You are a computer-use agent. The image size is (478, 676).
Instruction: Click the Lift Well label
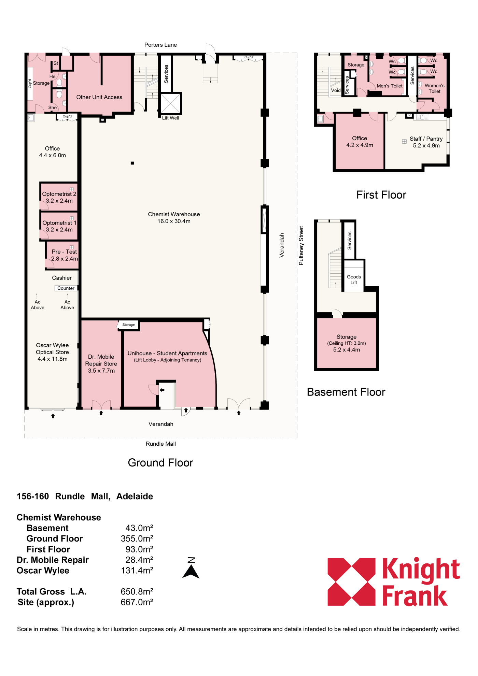click(x=170, y=118)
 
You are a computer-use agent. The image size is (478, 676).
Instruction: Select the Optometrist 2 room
click(x=59, y=197)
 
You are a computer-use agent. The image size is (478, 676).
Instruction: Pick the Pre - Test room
click(x=62, y=255)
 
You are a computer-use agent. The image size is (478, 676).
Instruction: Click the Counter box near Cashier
click(x=66, y=288)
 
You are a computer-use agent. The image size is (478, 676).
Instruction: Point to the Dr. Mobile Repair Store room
click(x=101, y=364)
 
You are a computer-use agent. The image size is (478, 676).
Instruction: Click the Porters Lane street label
click(x=160, y=45)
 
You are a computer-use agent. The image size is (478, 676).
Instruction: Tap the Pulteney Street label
click(x=301, y=245)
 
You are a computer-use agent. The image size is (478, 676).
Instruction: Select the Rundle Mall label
click(x=161, y=444)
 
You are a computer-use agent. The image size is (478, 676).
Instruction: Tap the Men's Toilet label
click(x=390, y=86)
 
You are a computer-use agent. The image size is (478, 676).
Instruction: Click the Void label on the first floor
click(x=336, y=90)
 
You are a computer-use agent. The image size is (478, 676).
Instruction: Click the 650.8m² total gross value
click(x=137, y=591)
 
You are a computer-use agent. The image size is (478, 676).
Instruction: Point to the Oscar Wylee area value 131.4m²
click(x=137, y=570)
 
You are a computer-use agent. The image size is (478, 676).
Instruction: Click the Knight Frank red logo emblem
click(x=351, y=582)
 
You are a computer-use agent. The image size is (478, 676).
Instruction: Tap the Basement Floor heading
click(x=346, y=392)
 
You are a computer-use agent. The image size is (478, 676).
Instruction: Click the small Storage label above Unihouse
click(x=129, y=325)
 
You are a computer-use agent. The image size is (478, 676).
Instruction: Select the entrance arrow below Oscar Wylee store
click(x=53, y=416)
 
